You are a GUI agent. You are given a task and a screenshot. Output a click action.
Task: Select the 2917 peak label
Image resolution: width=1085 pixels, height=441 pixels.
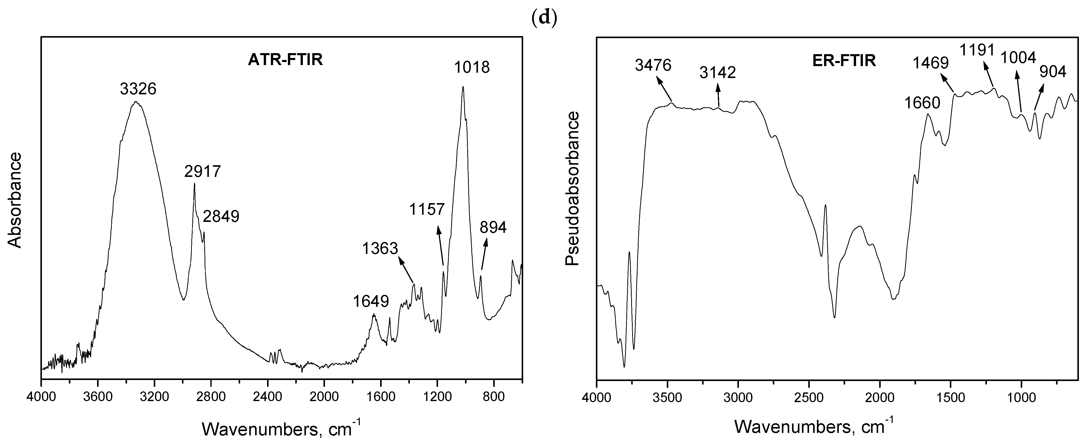coord(203,172)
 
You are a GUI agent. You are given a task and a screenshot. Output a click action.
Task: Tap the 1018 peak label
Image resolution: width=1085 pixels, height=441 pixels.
coord(472,67)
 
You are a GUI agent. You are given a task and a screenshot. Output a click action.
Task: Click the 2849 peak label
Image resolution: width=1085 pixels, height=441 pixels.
coord(221,217)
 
